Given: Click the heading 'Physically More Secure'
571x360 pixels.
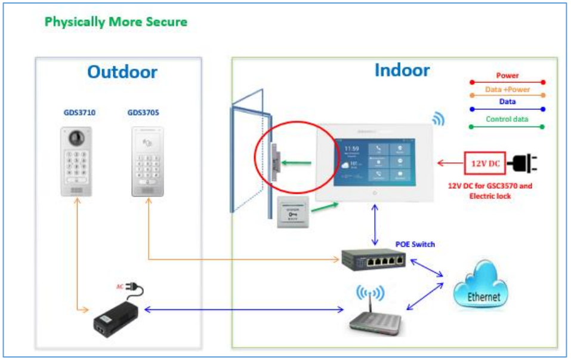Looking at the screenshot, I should [116, 23].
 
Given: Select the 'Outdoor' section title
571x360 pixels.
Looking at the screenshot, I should [122, 72].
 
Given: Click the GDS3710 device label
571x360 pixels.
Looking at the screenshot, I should [79, 112].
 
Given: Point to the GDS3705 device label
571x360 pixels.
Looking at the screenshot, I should [143, 112].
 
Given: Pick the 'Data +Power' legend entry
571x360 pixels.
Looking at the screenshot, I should [507, 89].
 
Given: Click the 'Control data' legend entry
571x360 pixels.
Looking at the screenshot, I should [507, 119].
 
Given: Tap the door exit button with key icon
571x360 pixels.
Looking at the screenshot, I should [294, 213].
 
